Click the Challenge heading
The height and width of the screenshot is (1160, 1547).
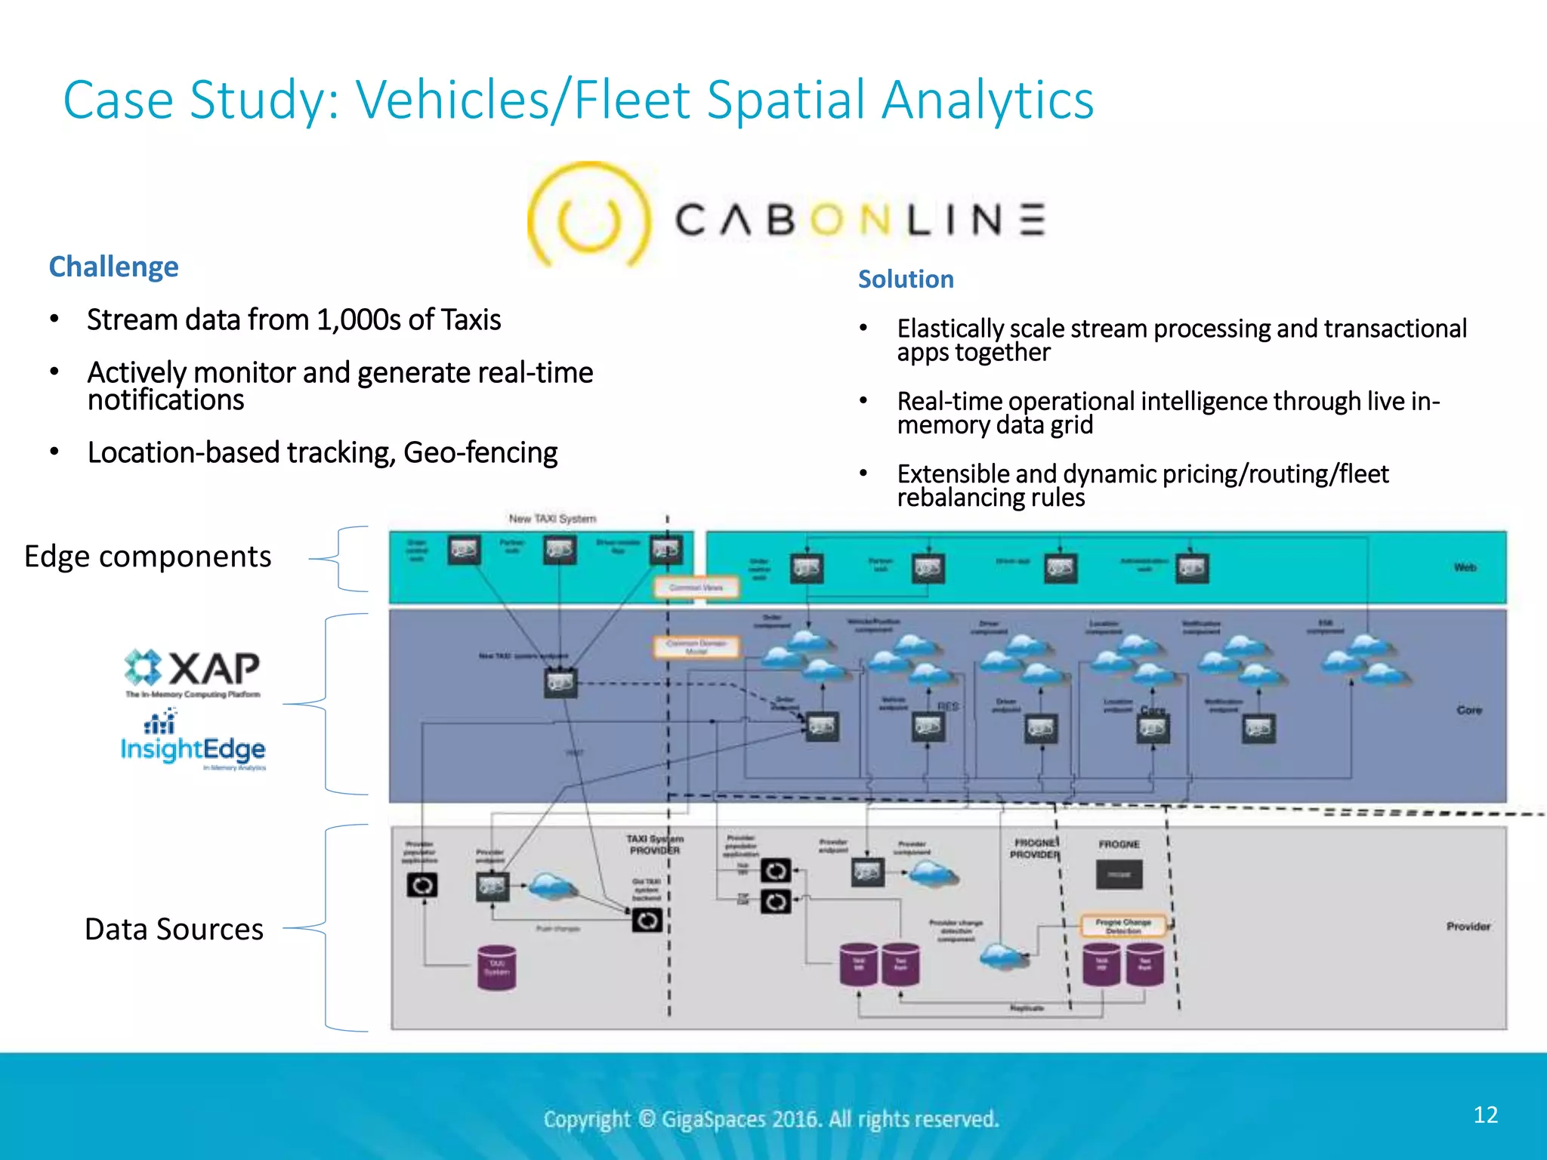(x=113, y=267)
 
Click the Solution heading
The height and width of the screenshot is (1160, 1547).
(x=906, y=279)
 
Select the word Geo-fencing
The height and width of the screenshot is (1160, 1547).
(x=480, y=453)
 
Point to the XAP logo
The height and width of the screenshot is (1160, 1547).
(x=193, y=669)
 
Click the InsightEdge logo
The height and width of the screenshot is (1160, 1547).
(x=193, y=744)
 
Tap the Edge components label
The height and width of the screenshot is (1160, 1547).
(x=147, y=557)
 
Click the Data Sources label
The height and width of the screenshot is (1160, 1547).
(x=174, y=929)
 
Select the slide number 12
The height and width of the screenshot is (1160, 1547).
(x=1485, y=1115)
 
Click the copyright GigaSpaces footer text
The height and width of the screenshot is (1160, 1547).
(x=771, y=1118)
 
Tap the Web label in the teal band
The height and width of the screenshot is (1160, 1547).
(x=1465, y=567)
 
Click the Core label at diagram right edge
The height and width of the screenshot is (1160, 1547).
(x=1468, y=710)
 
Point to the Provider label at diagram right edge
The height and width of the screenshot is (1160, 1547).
(x=1468, y=926)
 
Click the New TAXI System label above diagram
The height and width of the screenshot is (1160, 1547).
(x=552, y=519)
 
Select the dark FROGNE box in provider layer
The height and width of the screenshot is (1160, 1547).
(x=1119, y=875)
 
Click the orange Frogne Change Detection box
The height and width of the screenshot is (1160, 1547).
(x=1123, y=926)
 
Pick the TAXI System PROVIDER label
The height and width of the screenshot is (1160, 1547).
(x=654, y=844)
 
